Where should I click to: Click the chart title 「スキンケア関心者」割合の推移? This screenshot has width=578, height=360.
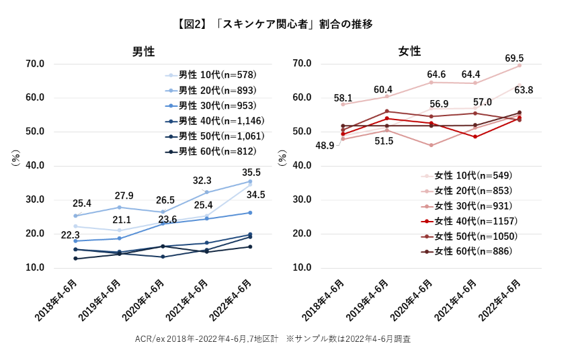(274, 24)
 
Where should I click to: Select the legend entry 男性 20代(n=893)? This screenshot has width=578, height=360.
(217, 90)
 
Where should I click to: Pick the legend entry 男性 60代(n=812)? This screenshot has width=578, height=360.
(217, 152)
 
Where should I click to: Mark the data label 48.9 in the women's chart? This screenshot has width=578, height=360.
(325, 145)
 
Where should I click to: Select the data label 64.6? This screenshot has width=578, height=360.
(437, 73)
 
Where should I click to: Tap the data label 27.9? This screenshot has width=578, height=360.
(124, 195)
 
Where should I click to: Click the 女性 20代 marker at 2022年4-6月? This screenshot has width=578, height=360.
(519, 66)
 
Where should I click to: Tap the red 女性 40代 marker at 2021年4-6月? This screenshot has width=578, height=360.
(475, 137)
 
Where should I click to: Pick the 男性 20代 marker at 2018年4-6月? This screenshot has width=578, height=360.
(75, 216)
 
